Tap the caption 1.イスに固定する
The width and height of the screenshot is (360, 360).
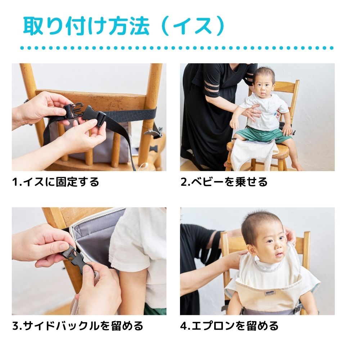click(55, 182)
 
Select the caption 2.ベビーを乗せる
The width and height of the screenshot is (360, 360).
click(224, 182)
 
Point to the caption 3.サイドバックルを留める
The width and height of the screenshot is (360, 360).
click(77, 326)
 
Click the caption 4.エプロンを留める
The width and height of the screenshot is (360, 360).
click(229, 326)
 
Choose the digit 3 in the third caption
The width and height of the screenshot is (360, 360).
click(15, 326)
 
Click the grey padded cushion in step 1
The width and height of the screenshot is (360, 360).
click(108, 144)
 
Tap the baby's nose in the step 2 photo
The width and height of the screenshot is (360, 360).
click(264, 88)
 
